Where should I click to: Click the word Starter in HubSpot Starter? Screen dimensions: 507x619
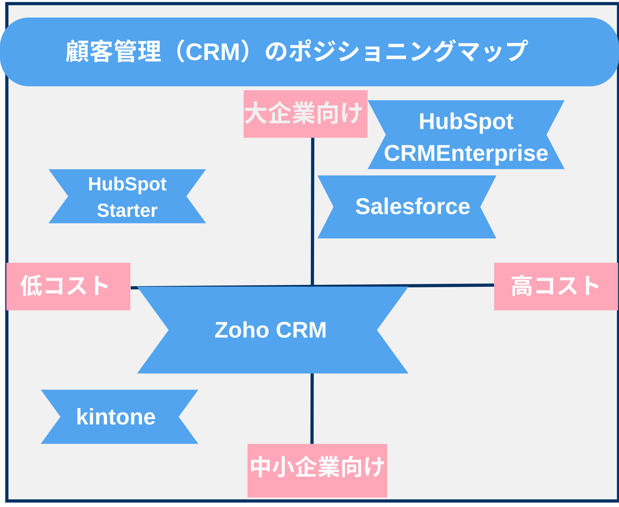click(x=127, y=210)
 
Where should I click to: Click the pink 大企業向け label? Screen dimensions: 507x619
click(x=305, y=114)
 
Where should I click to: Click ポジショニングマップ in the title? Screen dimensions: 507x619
click(x=409, y=51)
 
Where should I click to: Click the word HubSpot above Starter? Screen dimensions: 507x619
click(x=127, y=184)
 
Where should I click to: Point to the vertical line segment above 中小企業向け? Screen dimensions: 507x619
click(x=312, y=409)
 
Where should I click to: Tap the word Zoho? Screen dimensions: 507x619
click(x=242, y=330)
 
